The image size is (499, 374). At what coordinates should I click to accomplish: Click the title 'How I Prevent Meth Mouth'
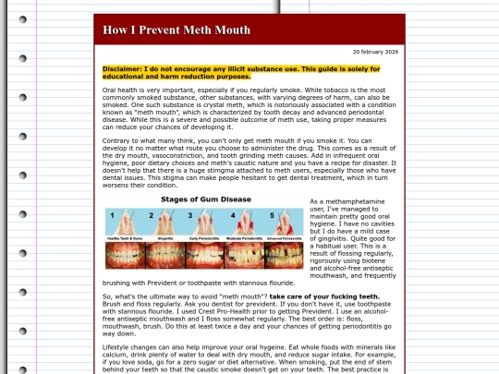pyautogui.click(x=176, y=30)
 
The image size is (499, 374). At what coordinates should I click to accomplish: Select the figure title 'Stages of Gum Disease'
pyautogui.click(x=205, y=199)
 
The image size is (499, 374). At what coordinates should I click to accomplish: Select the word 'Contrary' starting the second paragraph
pyautogui.click(x=116, y=140)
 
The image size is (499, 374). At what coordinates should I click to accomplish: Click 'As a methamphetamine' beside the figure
pyautogui.click(x=344, y=200)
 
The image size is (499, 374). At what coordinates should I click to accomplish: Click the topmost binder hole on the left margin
pyautogui.click(x=22, y=19)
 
